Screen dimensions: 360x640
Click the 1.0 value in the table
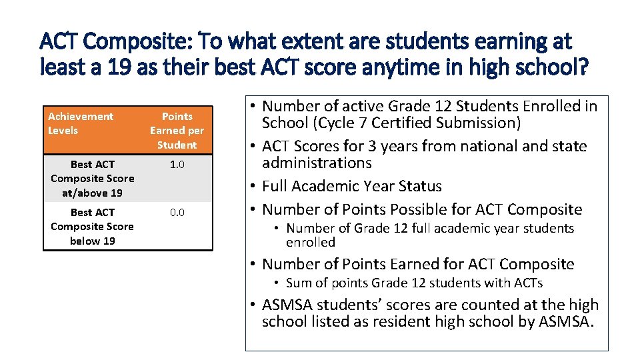click(177, 164)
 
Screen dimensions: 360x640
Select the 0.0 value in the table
click(177, 212)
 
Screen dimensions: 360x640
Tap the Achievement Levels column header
click(81, 123)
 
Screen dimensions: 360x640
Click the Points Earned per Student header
click(177, 131)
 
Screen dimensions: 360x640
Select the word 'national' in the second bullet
click(511, 146)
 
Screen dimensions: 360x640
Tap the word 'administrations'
click(317, 163)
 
